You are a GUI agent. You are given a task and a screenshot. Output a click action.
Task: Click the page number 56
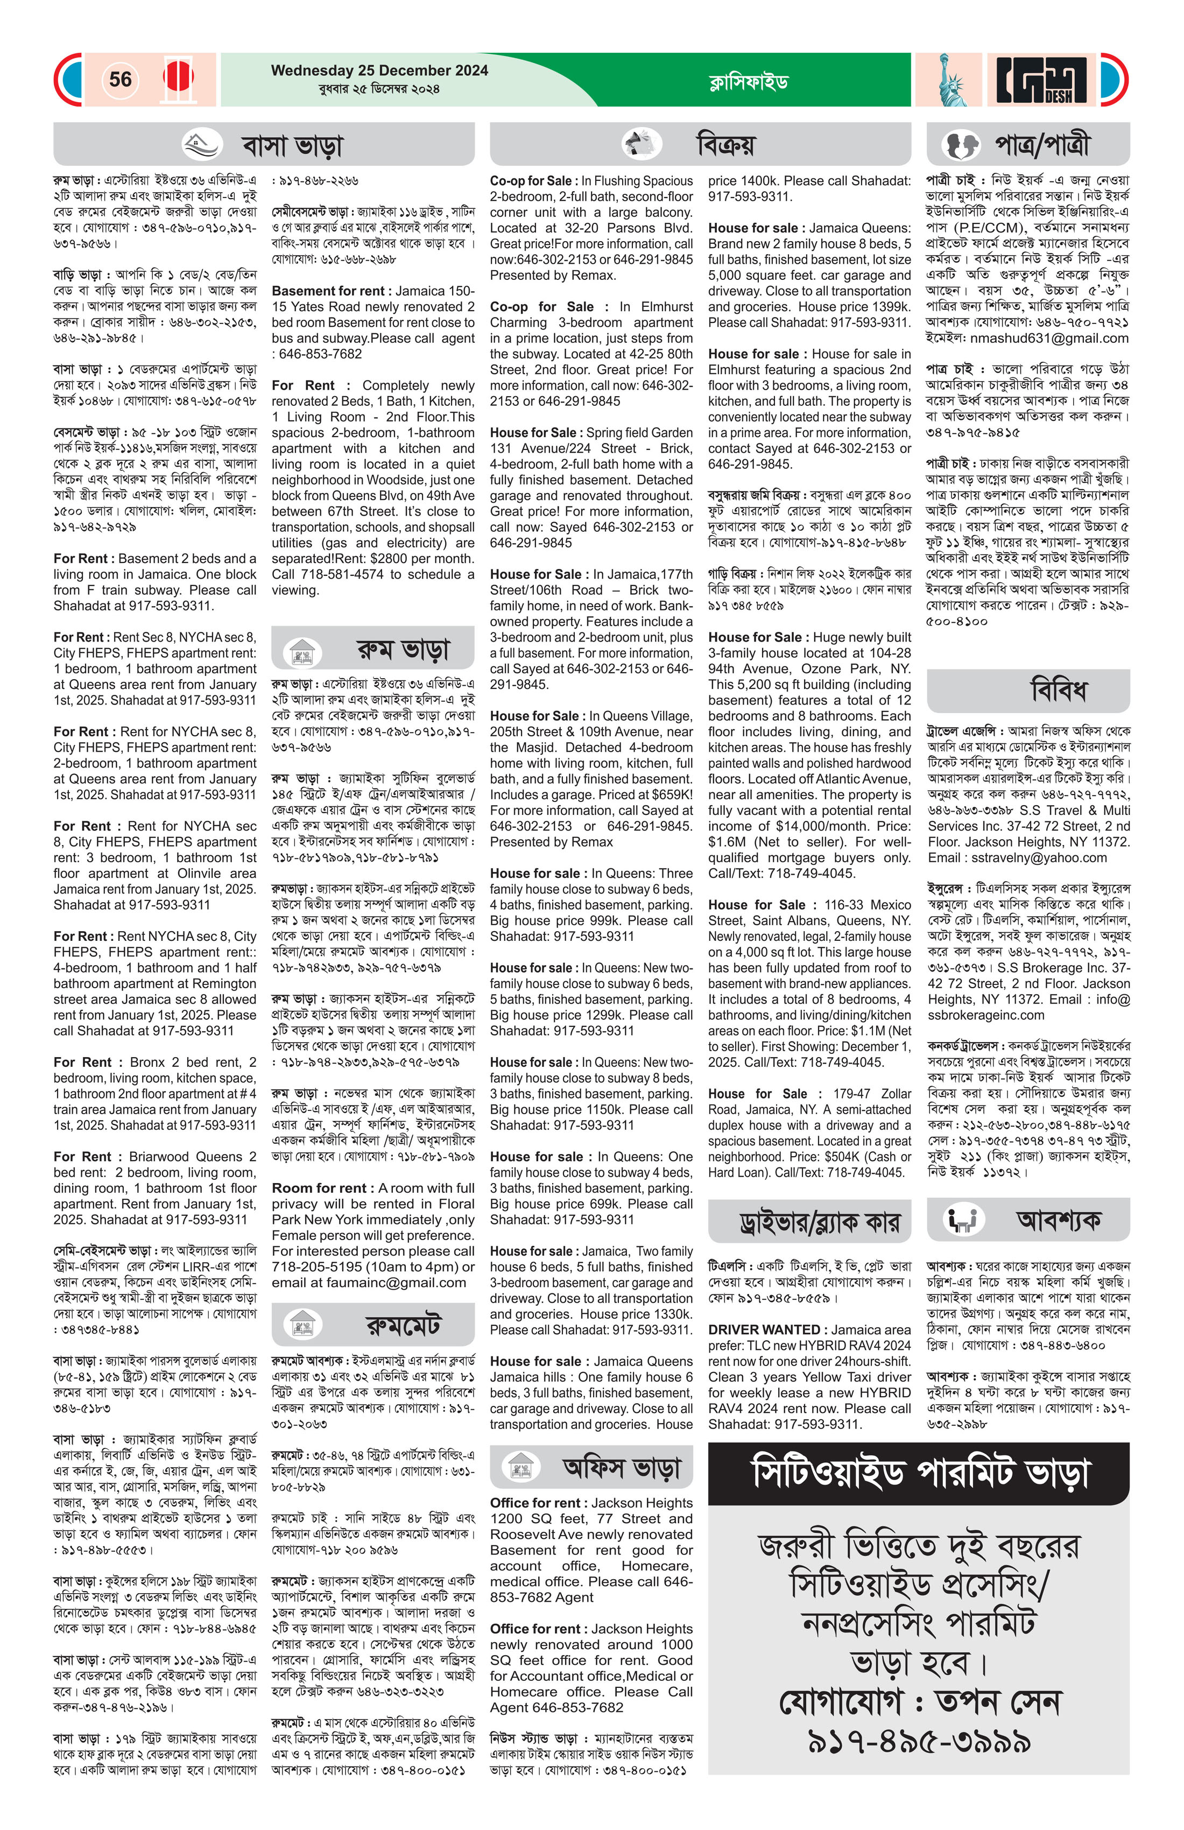pyautogui.click(x=121, y=79)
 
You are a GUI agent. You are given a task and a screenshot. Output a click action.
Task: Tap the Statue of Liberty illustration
pyautogui.click(x=948, y=79)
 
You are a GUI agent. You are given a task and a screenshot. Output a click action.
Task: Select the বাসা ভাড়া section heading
pyautogui.click(x=292, y=145)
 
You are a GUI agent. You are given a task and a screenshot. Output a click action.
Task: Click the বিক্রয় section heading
pyautogui.click(x=725, y=144)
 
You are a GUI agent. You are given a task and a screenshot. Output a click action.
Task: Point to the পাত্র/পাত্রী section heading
pyautogui.click(x=1042, y=144)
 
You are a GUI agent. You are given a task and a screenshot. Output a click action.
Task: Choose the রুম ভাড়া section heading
pyautogui.click(x=403, y=650)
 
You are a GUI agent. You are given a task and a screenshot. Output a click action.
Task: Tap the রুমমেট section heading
pyautogui.click(x=403, y=1325)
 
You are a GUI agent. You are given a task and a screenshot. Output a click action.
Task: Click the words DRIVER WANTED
pyautogui.click(x=764, y=1329)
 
